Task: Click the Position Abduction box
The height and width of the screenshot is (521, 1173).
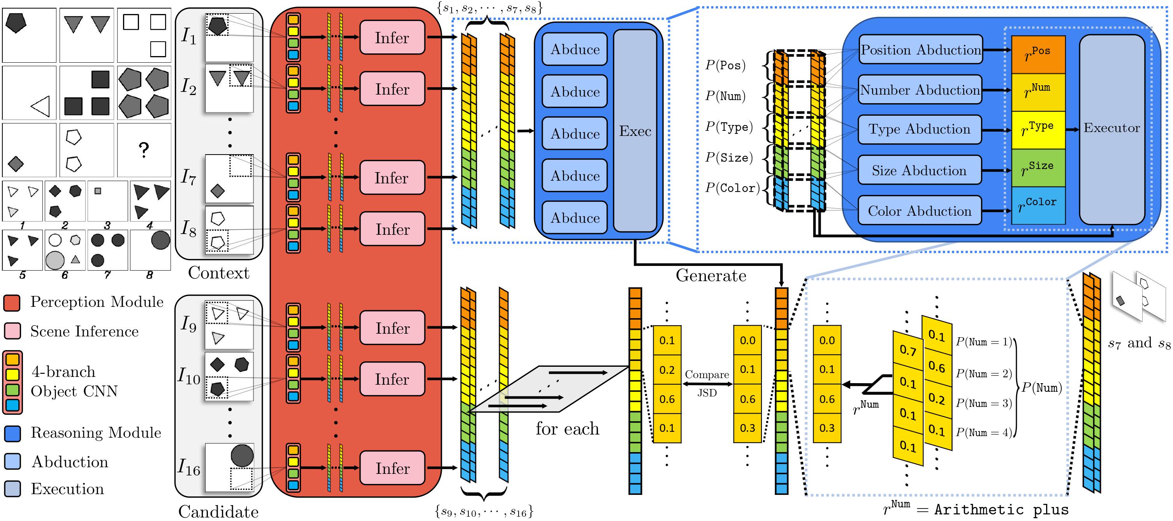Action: click(x=920, y=49)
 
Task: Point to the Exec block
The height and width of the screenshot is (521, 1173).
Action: click(x=635, y=131)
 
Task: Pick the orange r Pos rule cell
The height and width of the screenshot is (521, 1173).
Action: click(x=1038, y=54)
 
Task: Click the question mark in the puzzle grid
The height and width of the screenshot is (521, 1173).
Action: click(x=144, y=150)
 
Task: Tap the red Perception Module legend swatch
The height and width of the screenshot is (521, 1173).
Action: click(x=12, y=303)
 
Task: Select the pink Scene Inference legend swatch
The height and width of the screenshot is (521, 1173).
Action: click(x=12, y=331)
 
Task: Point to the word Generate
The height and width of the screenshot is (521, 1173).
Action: click(x=710, y=276)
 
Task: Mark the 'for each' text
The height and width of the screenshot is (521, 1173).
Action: click(x=567, y=429)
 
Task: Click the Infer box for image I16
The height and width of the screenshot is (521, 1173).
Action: click(x=392, y=468)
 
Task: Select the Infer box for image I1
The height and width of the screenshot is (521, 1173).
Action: click(x=392, y=38)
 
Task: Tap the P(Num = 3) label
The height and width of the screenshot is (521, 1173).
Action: click(x=983, y=403)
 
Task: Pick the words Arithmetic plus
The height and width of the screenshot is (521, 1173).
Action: click(x=1001, y=510)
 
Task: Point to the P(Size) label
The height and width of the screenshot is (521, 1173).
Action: click(x=729, y=158)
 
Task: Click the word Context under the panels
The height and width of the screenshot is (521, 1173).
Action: click(x=218, y=273)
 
